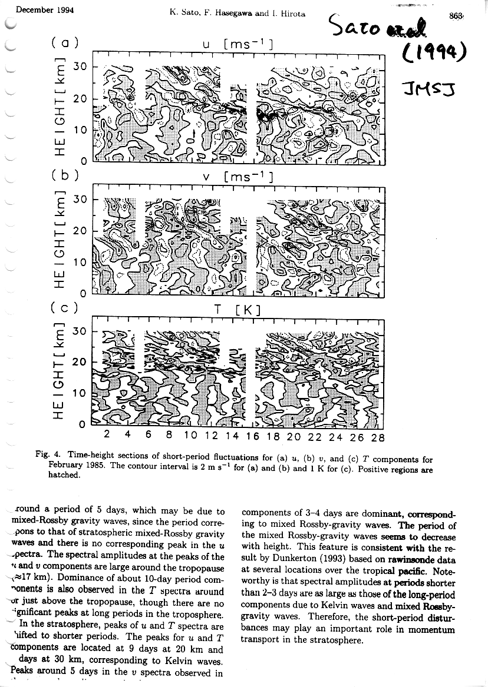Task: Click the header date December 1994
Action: (x=40, y=10)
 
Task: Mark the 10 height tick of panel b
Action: (x=80, y=262)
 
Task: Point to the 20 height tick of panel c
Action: (x=80, y=361)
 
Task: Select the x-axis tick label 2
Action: (x=107, y=437)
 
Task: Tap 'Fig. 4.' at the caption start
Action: (x=49, y=455)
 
